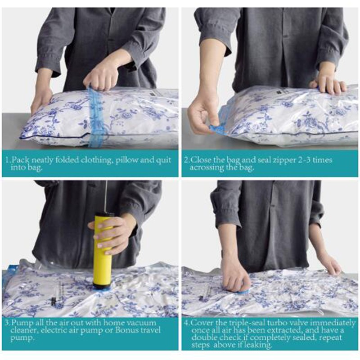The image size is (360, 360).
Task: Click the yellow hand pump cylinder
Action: point(103,250)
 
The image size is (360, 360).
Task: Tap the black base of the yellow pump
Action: point(103,285)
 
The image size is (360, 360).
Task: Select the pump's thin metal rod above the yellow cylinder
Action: point(106,197)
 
